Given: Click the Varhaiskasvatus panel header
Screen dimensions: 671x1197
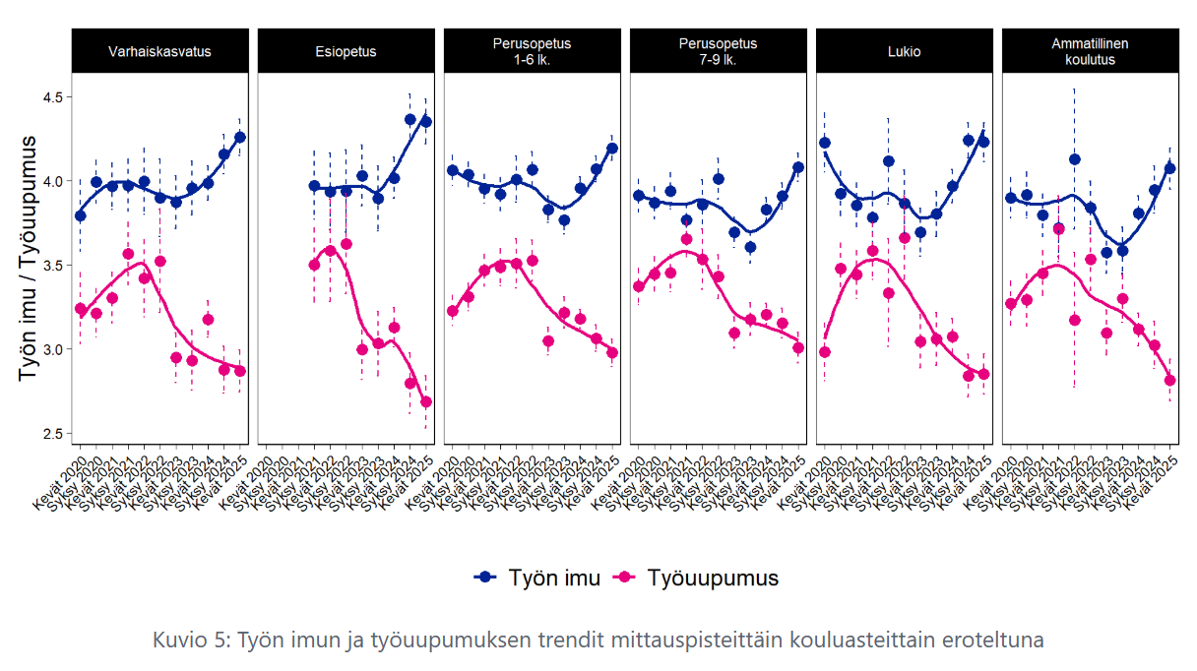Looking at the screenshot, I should [x=159, y=51].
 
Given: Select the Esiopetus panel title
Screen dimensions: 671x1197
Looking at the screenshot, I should [x=346, y=51].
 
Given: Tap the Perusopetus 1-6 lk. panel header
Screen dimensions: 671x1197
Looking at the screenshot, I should [x=532, y=51].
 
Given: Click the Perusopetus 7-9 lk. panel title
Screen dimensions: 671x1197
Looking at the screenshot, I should [x=718, y=51].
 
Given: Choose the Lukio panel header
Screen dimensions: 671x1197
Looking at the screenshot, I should [x=904, y=51].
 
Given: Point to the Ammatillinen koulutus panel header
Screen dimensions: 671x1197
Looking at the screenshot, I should [x=1090, y=51].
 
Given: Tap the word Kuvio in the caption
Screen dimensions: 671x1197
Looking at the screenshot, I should [x=178, y=640].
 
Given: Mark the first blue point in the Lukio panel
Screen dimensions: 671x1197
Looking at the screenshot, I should [x=825, y=143].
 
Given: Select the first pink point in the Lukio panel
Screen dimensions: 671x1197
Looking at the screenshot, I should [x=825, y=352].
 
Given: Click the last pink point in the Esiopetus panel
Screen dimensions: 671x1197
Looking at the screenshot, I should [x=426, y=401].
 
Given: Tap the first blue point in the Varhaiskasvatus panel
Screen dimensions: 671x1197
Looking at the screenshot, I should [x=80, y=215].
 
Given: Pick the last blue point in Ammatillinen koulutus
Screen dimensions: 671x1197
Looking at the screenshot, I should [x=1170, y=168].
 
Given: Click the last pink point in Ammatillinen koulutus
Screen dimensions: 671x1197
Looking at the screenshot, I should [x=1170, y=381].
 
